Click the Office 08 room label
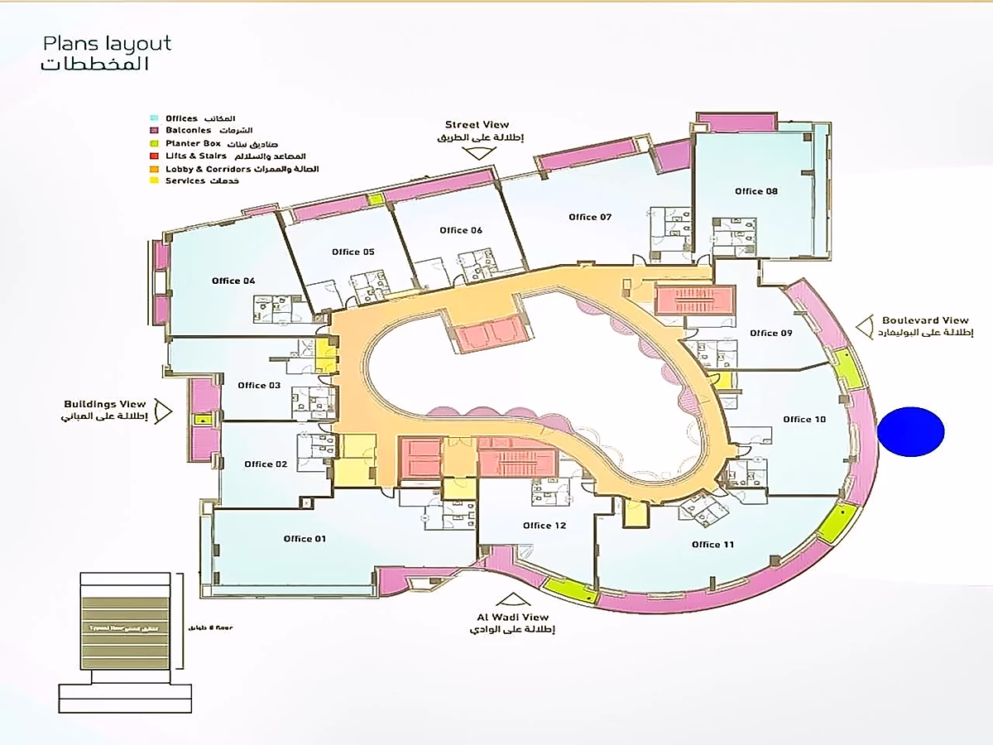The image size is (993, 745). click(x=756, y=191)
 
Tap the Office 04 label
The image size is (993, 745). click(x=233, y=281)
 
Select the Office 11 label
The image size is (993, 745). click(x=712, y=544)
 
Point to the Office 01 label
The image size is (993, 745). click(x=305, y=539)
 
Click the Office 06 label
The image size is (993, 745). click(x=461, y=230)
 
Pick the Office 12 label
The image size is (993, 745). click(x=544, y=526)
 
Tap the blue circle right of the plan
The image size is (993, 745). click(x=910, y=431)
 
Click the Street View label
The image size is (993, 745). click(x=477, y=125)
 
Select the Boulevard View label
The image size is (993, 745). click(x=925, y=320)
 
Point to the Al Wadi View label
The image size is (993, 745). click(x=512, y=618)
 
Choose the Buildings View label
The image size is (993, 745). click(x=105, y=404)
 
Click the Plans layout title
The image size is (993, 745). click(x=108, y=44)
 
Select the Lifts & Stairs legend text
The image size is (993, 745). click(x=196, y=156)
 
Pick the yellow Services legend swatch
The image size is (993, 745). click(x=153, y=180)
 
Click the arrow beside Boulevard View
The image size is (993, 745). click(x=866, y=327)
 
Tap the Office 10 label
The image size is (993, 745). click(x=804, y=419)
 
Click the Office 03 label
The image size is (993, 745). click(x=259, y=385)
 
